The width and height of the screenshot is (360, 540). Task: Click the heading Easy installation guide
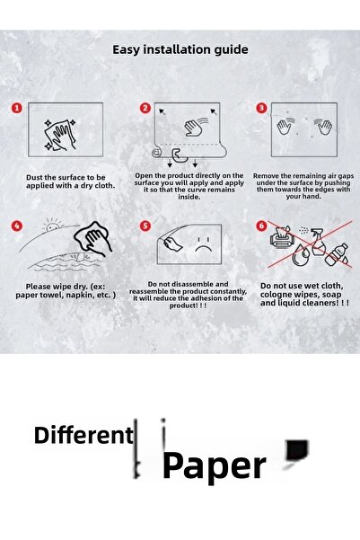pyautogui.click(x=180, y=50)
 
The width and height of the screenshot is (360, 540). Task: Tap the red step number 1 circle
pyautogui.click(x=17, y=108)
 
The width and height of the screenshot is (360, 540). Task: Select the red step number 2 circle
pyautogui.click(x=145, y=108)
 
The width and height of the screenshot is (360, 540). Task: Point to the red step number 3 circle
pyautogui.click(x=262, y=108)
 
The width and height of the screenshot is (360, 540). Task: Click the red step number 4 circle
pyautogui.click(x=17, y=226)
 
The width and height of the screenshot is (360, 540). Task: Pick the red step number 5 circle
pyautogui.click(x=145, y=226)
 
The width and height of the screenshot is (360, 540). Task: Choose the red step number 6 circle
pyautogui.click(x=262, y=226)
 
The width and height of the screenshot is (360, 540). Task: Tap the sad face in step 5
pyautogui.click(x=204, y=245)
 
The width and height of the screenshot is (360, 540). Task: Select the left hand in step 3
pyautogui.click(x=285, y=125)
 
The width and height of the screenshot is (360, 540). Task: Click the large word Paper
pyautogui.click(x=214, y=465)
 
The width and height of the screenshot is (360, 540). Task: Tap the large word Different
pyautogui.click(x=83, y=436)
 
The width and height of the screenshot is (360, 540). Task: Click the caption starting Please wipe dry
pyautogui.click(x=65, y=291)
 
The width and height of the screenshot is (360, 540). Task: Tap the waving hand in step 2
pyautogui.click(x=195, y=128)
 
